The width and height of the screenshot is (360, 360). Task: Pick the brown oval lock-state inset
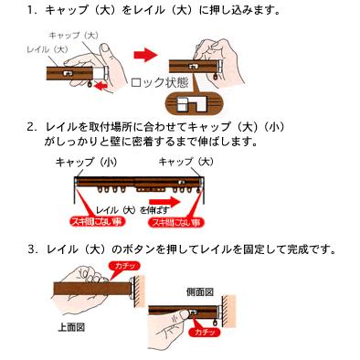click(x=195, y=107)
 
